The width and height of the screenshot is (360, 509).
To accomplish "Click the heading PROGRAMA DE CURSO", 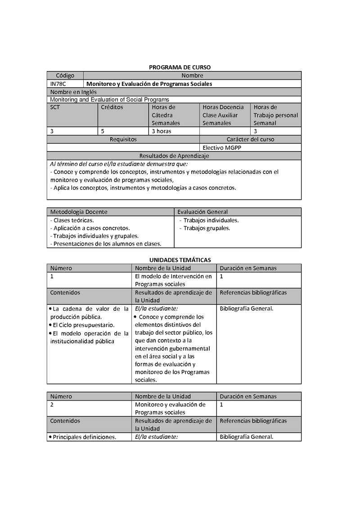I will pos(180,67).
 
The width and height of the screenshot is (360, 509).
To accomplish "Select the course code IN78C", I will pos(58,84).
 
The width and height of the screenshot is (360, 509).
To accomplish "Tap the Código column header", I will pos(65,76).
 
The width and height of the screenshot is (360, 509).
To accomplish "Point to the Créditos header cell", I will pos(112,107).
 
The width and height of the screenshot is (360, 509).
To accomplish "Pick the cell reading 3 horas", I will pos(161,131).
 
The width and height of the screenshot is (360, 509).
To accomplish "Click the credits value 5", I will pos(103,131).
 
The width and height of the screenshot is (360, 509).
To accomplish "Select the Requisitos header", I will pos(123,139).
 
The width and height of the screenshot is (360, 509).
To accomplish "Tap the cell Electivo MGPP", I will pos(222,147).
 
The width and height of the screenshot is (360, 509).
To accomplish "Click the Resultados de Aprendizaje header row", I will pos(174,156).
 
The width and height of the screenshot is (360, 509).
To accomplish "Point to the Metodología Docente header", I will pos(79,212).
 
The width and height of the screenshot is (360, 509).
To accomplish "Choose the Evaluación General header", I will pos(202,212).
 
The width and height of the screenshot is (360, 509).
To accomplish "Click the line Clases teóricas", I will pos(72,220).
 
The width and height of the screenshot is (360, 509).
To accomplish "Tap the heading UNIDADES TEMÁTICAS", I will pos(180,260).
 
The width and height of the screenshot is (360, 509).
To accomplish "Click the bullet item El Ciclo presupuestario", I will pos(83,325).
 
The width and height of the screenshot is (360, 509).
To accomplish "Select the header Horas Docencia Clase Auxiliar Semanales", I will pos(224,115).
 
